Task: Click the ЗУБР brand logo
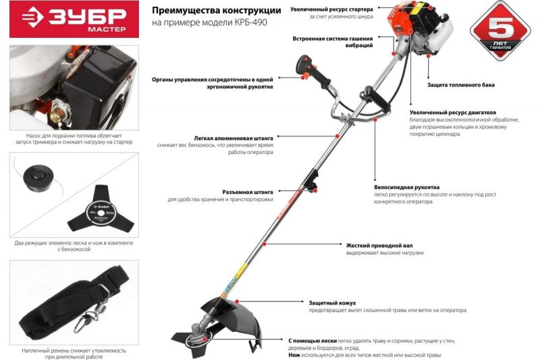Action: [74, 19]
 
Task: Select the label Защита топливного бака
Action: [461, 84]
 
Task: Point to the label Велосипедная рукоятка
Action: [407, 187]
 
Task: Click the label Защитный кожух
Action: [332, 303]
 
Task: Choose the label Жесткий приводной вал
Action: [379, 246]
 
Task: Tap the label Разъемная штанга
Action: [248, 192]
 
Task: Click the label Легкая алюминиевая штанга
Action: [234, 138]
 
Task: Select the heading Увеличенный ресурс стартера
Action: [331, 9]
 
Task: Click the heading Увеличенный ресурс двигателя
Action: [453, 112]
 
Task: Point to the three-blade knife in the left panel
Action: [100, 209]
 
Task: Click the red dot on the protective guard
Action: [237, 302]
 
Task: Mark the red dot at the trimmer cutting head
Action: [205, 339]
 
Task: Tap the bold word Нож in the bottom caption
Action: [294, 355]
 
